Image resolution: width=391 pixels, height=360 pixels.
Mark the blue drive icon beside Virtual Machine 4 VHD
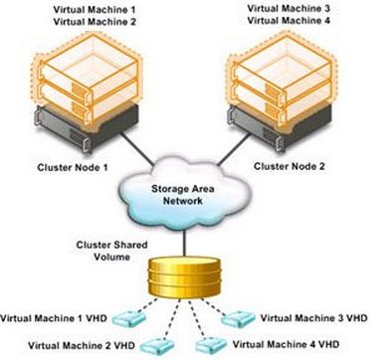(211, 343)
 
